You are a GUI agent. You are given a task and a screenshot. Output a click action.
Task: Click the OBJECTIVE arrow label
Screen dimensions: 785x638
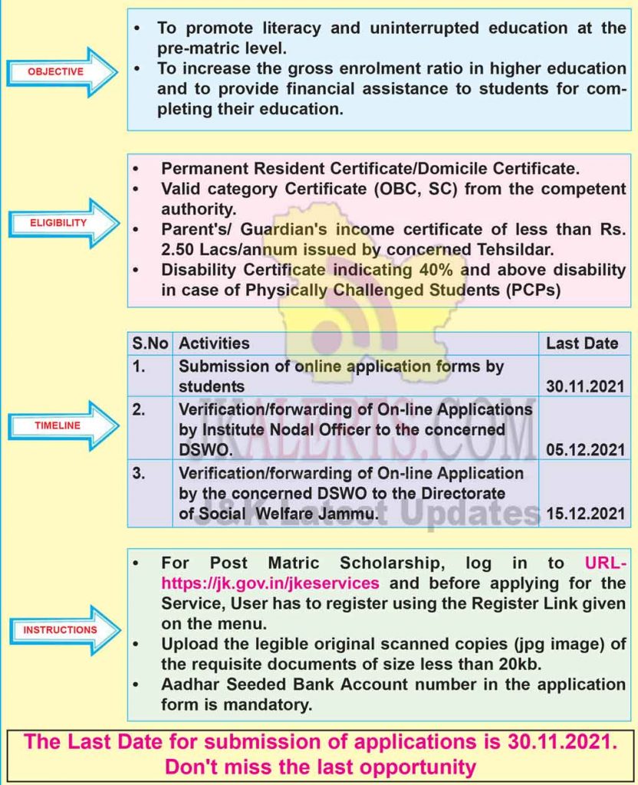pyautogui.click(x=56, y=71)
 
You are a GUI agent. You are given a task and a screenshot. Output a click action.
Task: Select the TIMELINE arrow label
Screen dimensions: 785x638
pyautogui.click(x=57, y=425)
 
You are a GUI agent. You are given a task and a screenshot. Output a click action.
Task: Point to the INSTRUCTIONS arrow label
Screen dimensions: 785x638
pyautogui.click(x=61, y=629)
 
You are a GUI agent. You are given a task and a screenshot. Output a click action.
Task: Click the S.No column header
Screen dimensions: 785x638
pyautogui.click(x=150, y=343)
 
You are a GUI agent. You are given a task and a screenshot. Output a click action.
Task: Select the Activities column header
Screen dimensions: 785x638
pyautogui.click(x=215, y=343)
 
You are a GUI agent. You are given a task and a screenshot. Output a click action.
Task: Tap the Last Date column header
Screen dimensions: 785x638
pyautogui.click(x=582, y=343)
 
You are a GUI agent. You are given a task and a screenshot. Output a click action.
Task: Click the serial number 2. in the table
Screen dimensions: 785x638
pyautogui.click(x=139, y=409)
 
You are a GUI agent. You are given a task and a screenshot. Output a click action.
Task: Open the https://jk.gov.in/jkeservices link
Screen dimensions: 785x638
pyautogui.click(x=270, y=583)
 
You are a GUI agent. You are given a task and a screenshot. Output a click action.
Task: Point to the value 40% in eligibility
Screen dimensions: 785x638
pyautogui.click(x=442, y=270)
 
